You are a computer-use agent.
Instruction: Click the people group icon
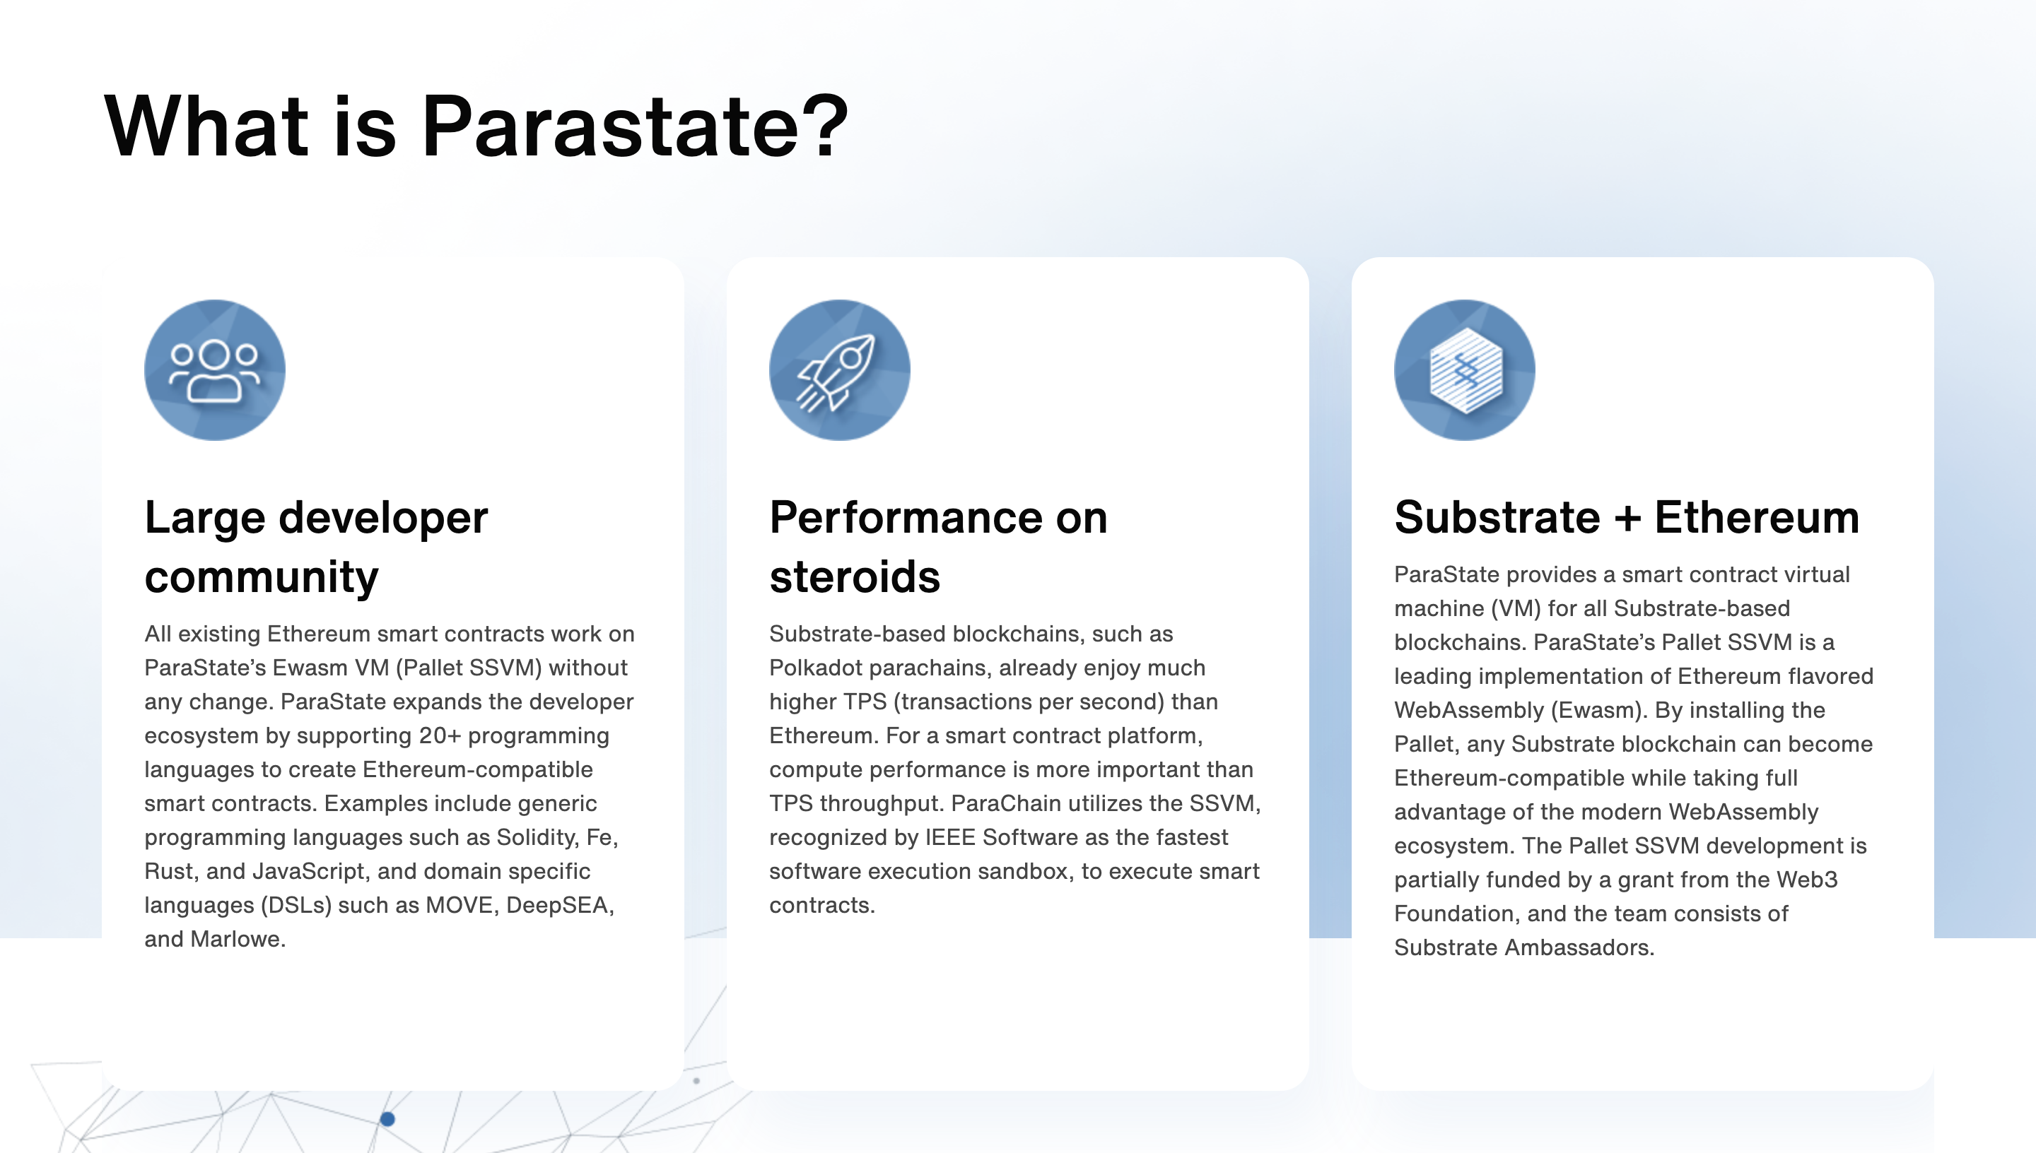point(215,369)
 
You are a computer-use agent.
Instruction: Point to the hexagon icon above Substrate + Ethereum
point(1465,369)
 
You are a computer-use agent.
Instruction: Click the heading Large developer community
point(316,546)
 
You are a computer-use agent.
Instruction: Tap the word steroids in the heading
point(855,576)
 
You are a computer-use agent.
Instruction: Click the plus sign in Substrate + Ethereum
point(1627,519)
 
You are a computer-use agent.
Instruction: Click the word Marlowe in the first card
point(238,939)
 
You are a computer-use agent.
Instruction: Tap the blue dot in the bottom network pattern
point(387,1119)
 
